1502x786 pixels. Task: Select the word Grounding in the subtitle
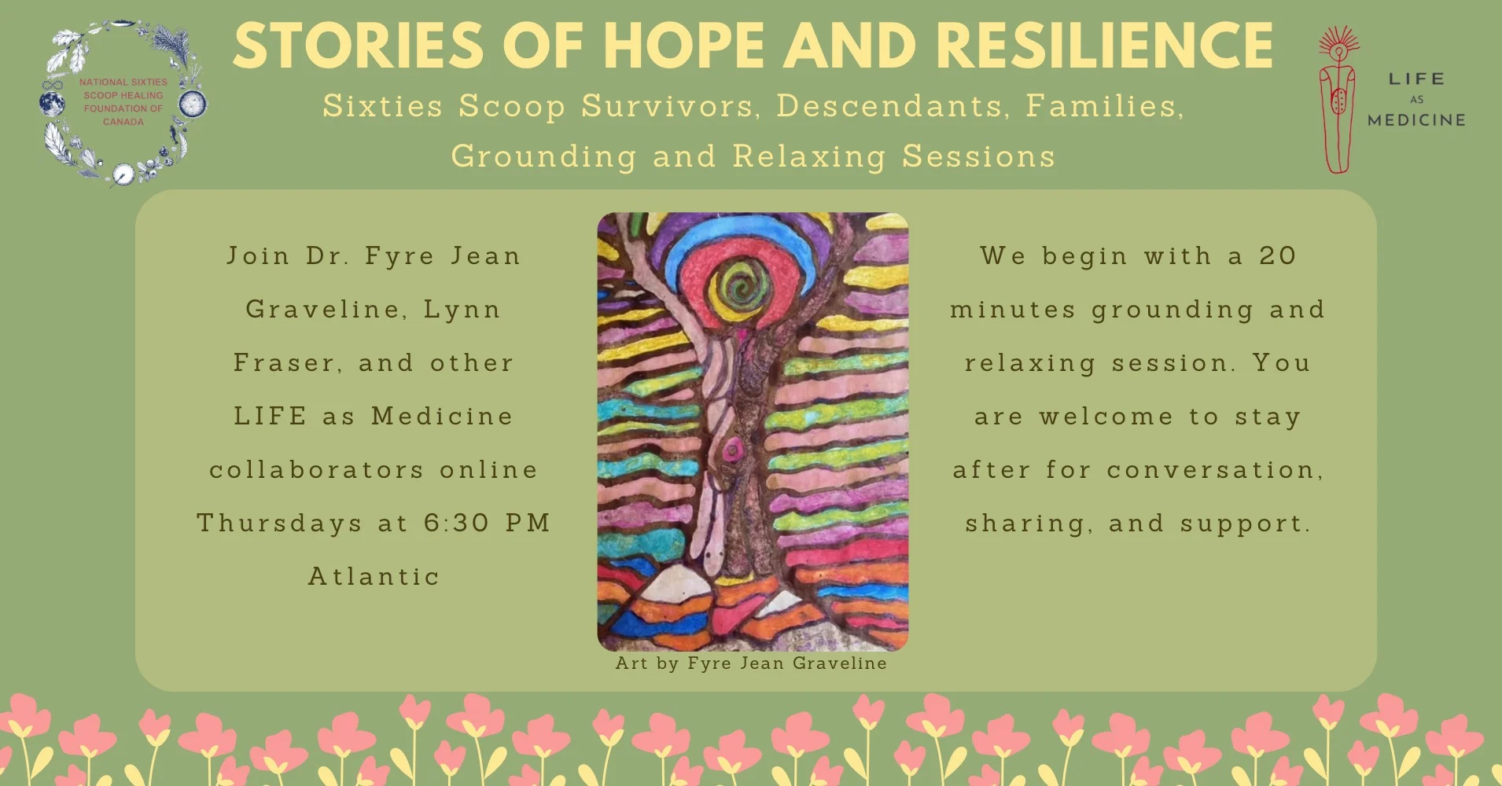[543, 157]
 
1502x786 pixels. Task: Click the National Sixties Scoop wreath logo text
[123, 102]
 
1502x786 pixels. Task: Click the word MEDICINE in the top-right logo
[1416, 120]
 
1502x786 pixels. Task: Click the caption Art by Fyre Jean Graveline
[751, 663]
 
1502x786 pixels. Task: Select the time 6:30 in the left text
[456, 523]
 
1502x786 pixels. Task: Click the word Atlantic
[374, 576]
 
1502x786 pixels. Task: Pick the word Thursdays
[280, 523]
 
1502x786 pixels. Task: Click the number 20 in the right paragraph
[1278, 255]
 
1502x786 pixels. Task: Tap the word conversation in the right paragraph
[1215, 470]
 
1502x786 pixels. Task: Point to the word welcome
[1106, 416]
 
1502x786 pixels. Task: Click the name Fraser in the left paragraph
[288, 363]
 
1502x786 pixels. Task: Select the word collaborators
[317, 469]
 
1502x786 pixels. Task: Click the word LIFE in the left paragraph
[271, 416]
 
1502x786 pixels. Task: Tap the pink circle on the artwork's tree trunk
[733, 449]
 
